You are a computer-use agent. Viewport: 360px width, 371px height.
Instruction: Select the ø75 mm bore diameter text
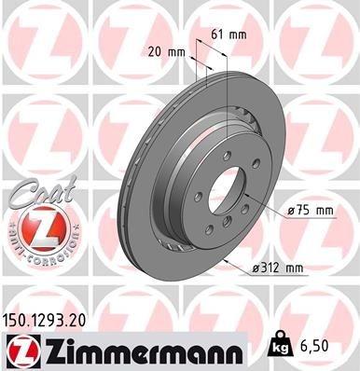pos(310,211)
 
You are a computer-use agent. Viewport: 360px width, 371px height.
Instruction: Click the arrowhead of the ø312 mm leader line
pos(227,260)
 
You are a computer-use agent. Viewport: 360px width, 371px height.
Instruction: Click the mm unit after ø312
pos(294,269)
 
